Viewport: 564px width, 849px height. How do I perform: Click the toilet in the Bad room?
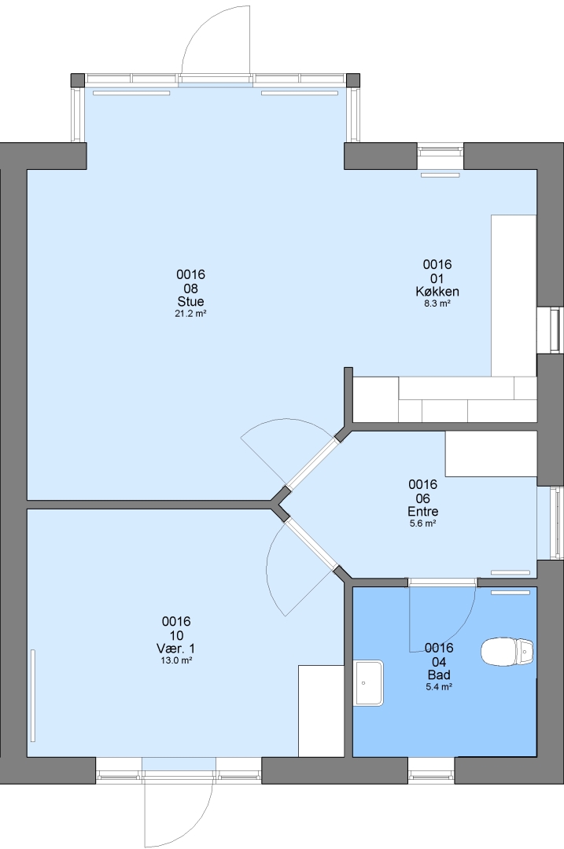[x=508, y=652]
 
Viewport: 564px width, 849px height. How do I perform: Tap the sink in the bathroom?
[x=368, y=683]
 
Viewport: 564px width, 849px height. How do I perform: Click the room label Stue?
[x=190, y=302]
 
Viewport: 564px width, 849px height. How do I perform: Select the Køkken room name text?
[x=437, y=292]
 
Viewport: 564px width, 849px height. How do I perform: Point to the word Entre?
[x=423, y=511]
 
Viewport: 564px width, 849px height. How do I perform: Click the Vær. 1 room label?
[x=176, y=649]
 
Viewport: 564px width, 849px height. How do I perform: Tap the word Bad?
[x=439, y=675]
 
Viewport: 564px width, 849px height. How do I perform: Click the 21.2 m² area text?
[x=190, y=314]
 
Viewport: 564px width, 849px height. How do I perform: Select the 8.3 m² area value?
[x=437, y=303]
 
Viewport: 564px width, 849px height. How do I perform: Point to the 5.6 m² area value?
[x=423, y=523]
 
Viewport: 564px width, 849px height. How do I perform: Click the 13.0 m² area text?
[x=176, y=660]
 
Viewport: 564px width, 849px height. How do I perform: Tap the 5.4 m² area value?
[x=439, y=687]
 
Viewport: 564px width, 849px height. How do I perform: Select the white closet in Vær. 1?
[x=321, y=711]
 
